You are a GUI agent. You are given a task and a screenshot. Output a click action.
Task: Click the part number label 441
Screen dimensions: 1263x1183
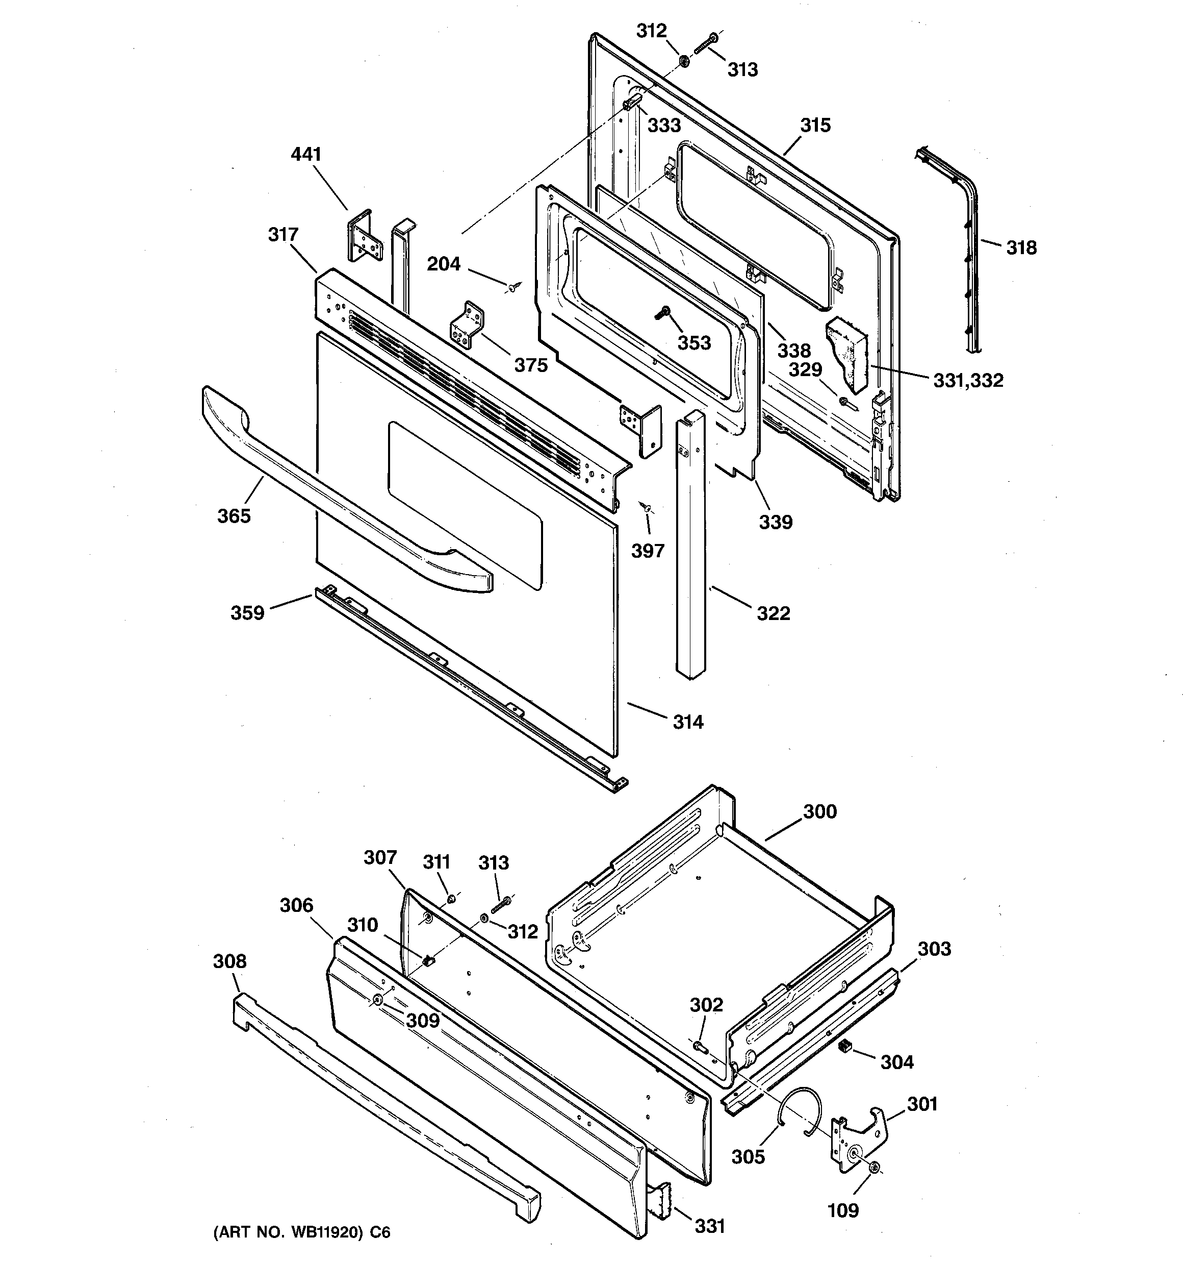(x=306, y=155)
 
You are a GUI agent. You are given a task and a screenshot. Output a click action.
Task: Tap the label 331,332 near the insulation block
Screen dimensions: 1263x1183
(x=968, y=381)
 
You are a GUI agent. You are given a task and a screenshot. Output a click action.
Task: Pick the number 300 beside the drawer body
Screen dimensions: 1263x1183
(x=820, y=811)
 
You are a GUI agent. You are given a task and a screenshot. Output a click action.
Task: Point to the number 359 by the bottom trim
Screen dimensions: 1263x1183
(x=247, y=612)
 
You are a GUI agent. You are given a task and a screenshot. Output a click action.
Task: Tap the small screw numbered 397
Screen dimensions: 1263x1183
(x=647, y=506)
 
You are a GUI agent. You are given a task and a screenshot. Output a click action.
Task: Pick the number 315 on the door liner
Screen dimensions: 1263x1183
(x=815, y=125)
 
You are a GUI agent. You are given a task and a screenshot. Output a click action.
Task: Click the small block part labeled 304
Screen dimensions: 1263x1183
(x=845, y=1046)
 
